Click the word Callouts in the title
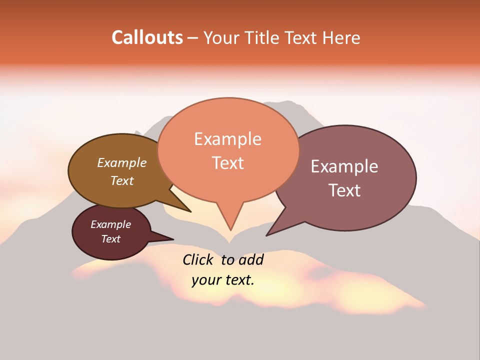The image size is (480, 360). point(147,38)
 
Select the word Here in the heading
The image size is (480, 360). point(341,38)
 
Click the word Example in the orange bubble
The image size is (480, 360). point(227,139)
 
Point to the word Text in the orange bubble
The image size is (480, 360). point(227,163)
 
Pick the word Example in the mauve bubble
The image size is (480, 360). point(344,166)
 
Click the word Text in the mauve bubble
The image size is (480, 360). point(344,190)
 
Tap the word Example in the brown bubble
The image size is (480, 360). point(122,163)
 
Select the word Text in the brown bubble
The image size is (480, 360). point(122,180)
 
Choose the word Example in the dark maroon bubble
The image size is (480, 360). point(110,224)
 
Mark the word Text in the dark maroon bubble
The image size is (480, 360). point(110,239)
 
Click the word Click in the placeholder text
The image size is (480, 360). point(198,259)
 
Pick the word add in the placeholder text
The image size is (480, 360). point(251,259)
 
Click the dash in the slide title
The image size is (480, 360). point(193,38)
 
